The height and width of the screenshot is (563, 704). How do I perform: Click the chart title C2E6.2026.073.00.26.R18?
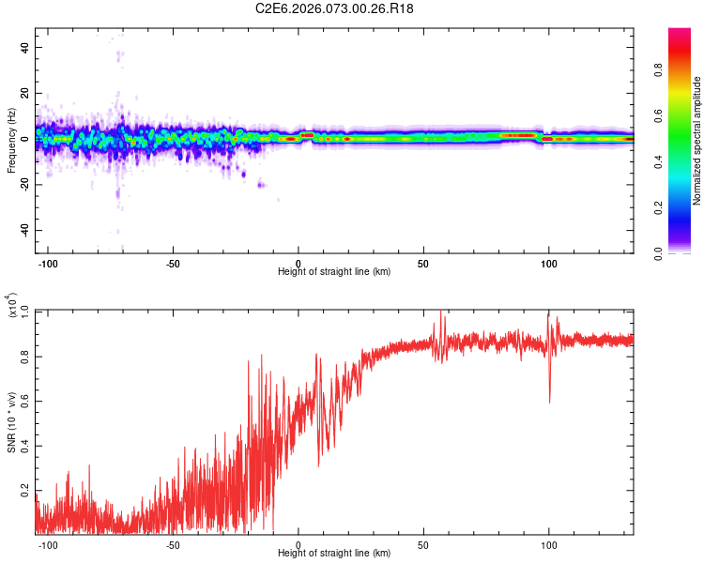335,9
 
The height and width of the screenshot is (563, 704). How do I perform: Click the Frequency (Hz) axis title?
11,140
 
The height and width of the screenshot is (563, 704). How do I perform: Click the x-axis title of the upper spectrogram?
334,271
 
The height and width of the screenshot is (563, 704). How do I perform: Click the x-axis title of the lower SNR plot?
334,553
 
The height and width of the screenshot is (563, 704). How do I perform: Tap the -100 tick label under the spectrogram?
48,262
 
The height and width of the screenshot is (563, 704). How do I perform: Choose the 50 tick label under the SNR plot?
423,543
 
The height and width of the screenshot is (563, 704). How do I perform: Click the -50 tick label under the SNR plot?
173,543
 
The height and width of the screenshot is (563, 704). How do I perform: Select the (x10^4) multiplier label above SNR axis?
11,305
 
